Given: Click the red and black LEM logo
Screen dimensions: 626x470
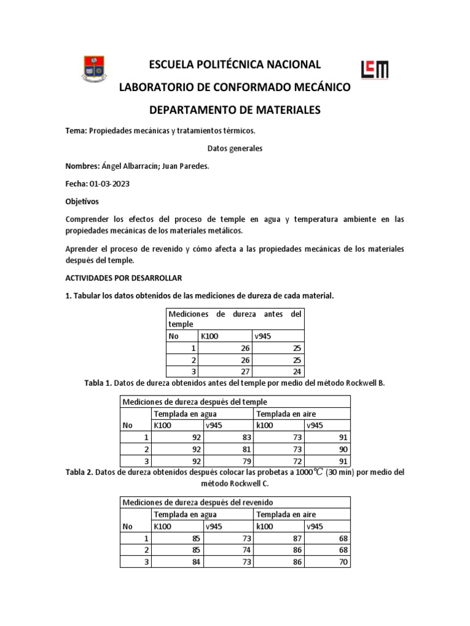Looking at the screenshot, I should (x=375, y=70).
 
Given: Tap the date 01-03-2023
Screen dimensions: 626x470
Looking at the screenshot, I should (x=110, y=183).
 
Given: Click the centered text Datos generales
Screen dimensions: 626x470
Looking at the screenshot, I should (x=235, y=149).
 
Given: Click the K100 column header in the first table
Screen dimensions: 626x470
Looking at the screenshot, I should (x=209, y=336).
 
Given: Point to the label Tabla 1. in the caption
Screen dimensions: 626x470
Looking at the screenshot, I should (x=98, y=383).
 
